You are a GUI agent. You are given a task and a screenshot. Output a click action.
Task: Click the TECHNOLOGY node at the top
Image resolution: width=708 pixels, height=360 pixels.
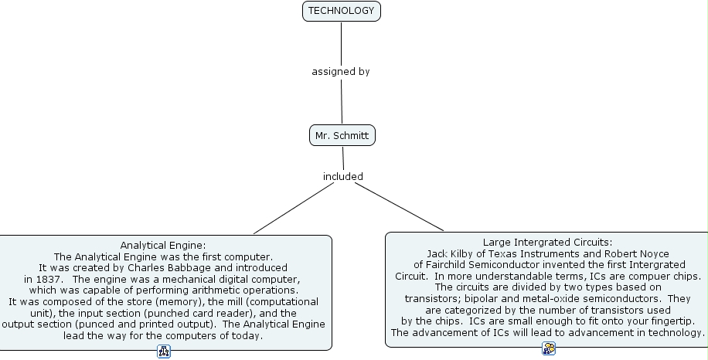coord(341,11)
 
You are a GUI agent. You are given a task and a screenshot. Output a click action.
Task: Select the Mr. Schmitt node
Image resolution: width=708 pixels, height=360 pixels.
coord(342,136)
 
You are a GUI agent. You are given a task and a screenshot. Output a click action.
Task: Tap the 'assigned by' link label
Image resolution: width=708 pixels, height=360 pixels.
coord(341,72)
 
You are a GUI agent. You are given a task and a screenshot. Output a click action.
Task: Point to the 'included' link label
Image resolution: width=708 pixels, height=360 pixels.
coord(342,177)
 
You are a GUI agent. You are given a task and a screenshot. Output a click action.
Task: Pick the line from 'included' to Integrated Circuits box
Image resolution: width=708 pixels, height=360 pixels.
coord(398,207)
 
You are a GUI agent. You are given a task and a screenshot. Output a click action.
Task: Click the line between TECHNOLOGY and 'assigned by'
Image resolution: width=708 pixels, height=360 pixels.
coord(341,42)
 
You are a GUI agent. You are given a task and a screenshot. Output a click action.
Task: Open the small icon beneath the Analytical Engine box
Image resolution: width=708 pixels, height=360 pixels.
coord(164,352)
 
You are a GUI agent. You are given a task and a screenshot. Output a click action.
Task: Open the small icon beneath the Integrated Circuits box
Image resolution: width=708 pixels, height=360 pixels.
coord(549,349)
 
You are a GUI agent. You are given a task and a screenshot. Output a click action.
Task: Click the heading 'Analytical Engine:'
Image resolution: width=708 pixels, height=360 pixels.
coord(163,246)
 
